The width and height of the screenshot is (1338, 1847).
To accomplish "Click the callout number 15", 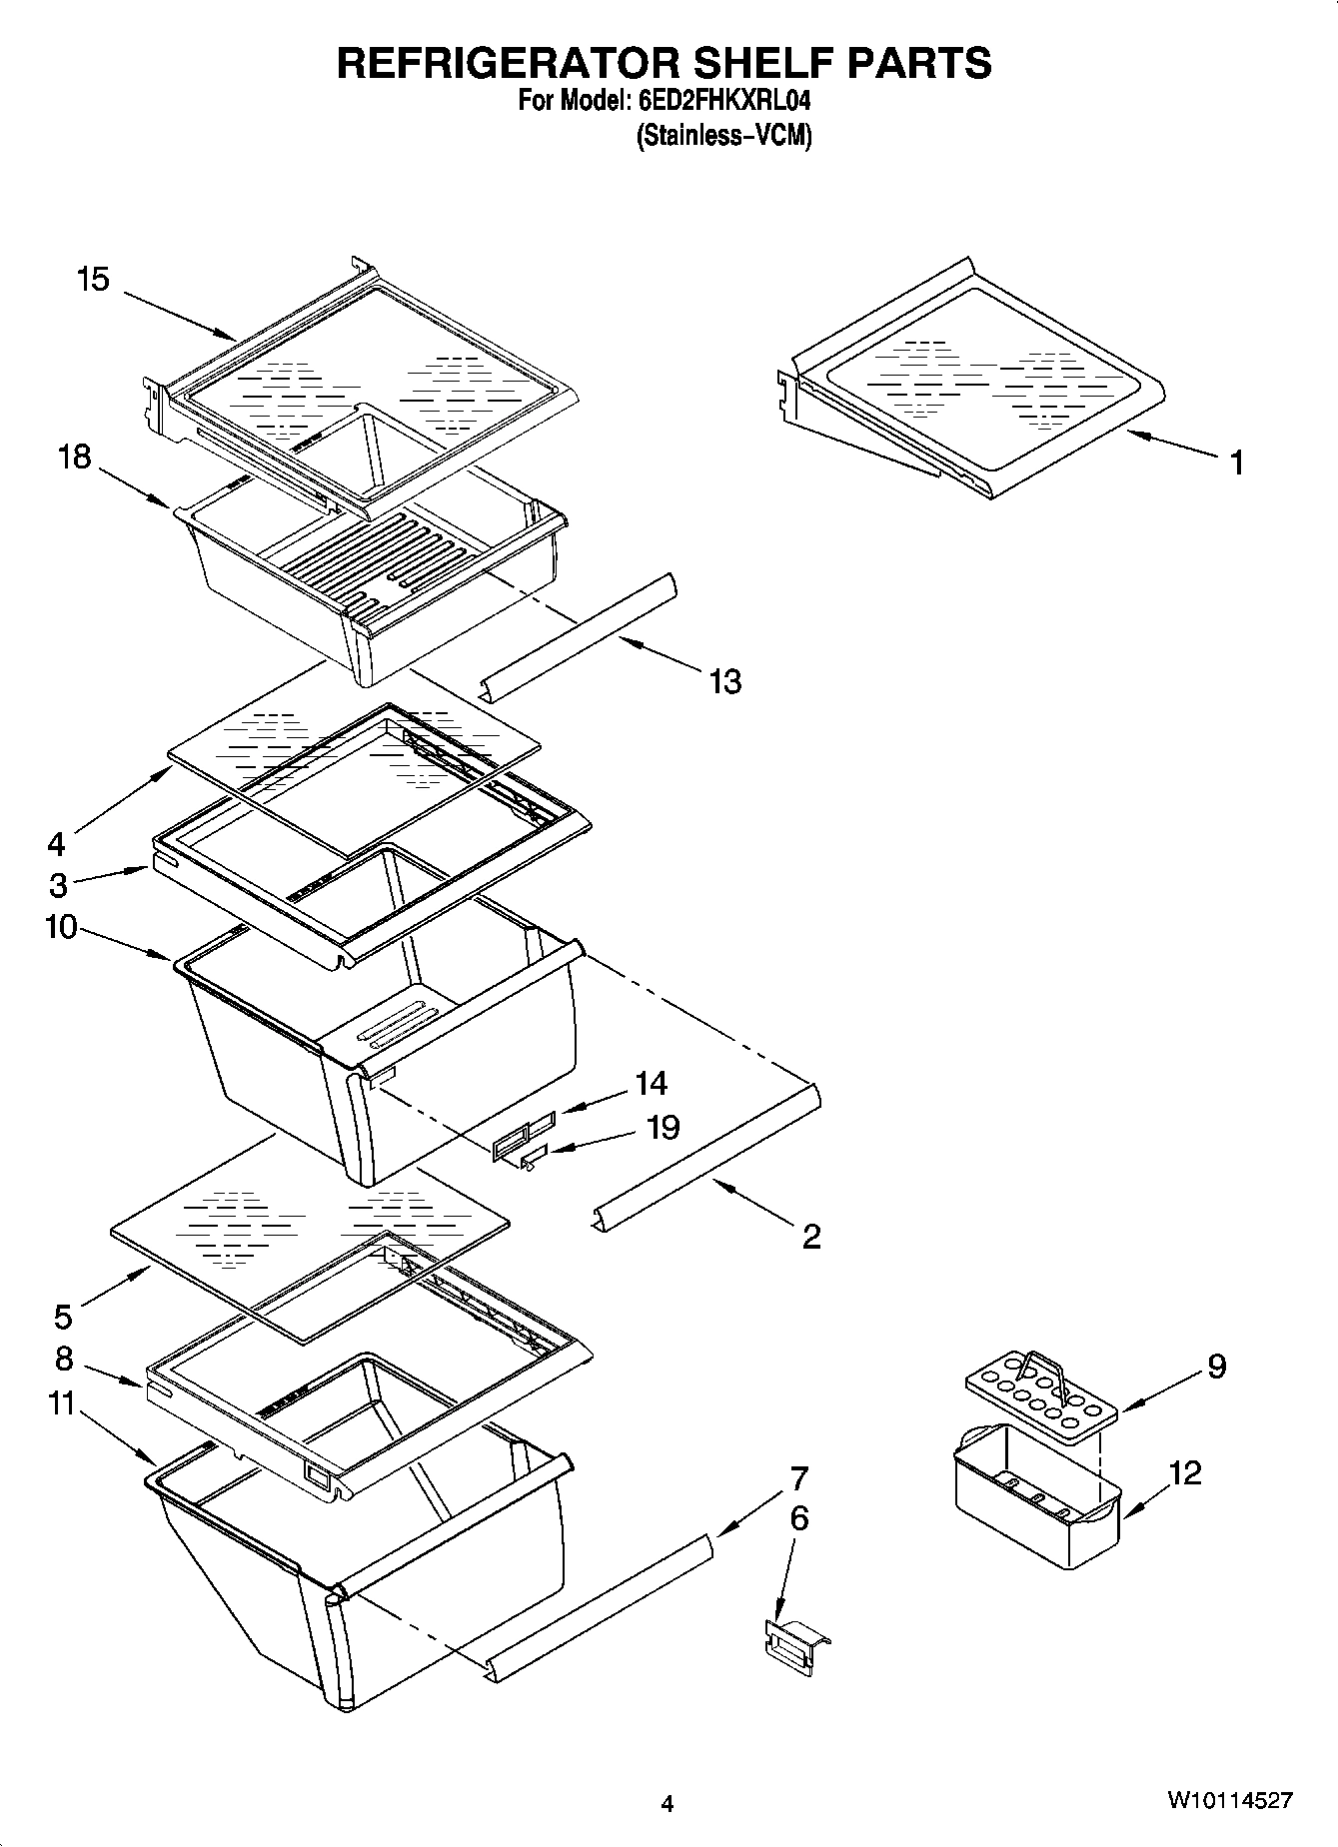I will [93, 279].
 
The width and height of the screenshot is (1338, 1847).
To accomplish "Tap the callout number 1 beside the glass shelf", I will [1237, 462].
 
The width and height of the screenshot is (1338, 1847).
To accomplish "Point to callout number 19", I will [663, 1128].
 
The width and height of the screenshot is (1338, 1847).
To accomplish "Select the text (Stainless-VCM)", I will [723, 136].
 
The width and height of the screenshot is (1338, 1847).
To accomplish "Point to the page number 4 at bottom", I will [668, 1803].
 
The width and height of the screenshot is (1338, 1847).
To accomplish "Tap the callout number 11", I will [61, 1403].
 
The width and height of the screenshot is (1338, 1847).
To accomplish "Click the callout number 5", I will [63, 1317].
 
